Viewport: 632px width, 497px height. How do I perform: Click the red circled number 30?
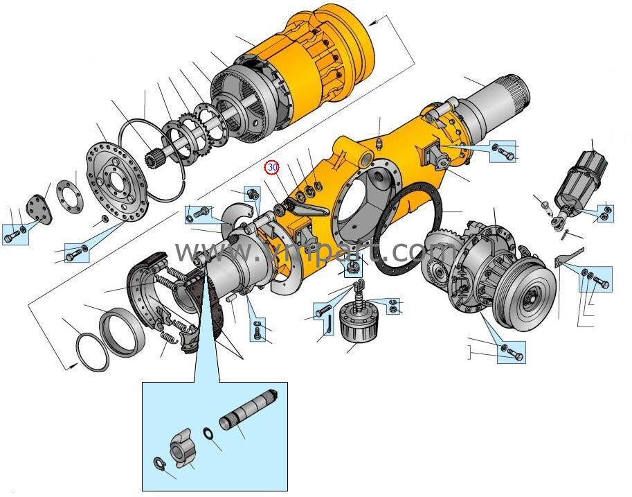point(272,167)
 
